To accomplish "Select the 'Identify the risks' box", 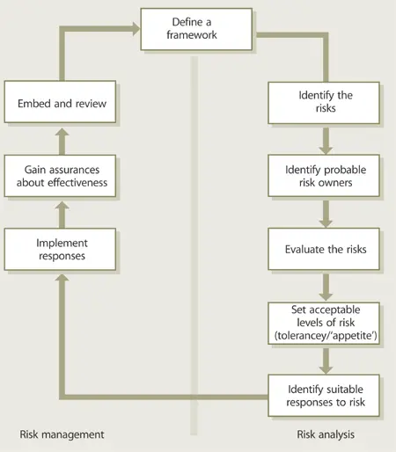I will click(x=326, y=104).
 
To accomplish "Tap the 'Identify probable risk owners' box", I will click(x=326, y=176).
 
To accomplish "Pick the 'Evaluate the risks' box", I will click(x=326, y=249).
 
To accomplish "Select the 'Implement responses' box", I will click(x=61, y=249).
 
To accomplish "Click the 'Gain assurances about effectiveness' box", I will click(x=61, y=176).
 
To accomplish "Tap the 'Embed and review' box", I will click(x=61, y=104).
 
